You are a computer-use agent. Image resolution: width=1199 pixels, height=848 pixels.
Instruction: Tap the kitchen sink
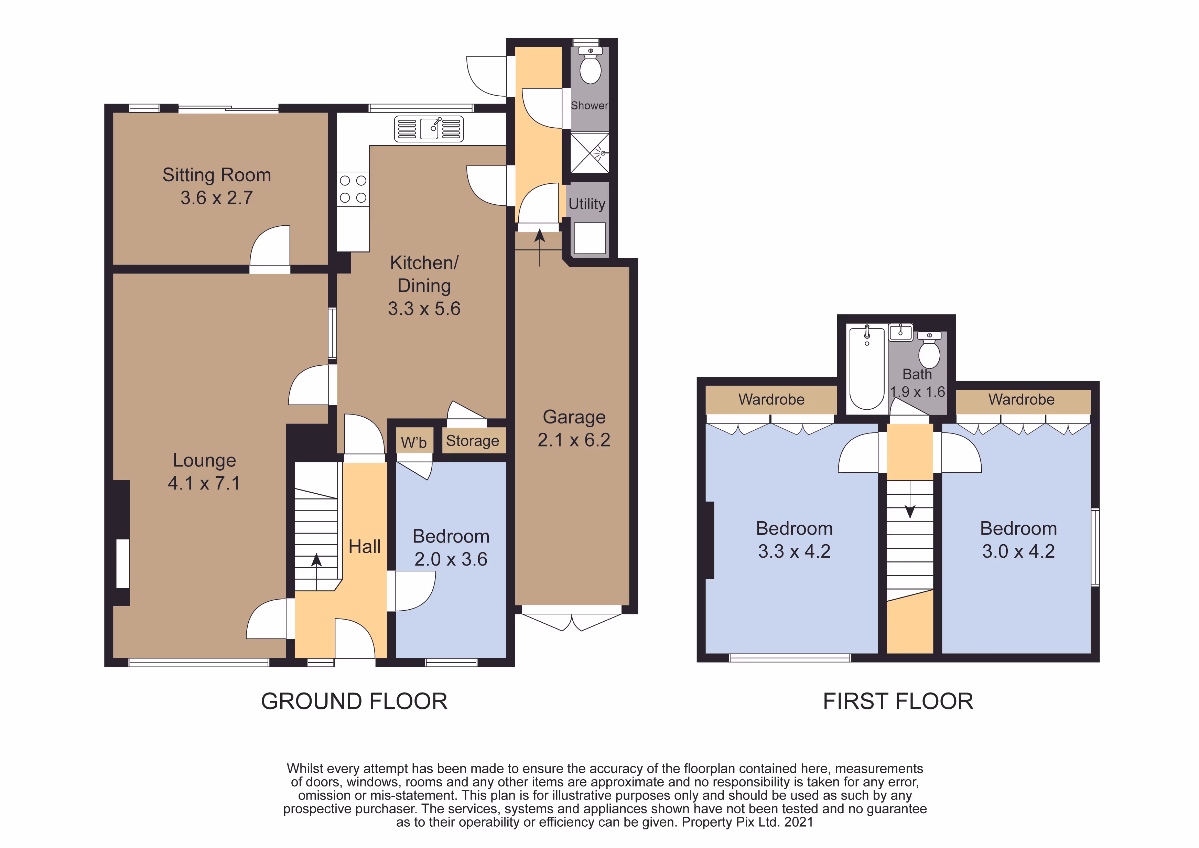(x=429, y=128)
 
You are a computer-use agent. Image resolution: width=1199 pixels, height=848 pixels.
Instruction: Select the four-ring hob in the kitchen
(x=353, y=189)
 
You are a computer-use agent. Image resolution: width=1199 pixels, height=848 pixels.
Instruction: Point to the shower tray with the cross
(x=590, y=153)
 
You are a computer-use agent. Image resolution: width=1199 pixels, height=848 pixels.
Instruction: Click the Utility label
(x=587, y=204)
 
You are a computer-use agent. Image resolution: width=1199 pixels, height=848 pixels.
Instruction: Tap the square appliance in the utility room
(x=590, y=238)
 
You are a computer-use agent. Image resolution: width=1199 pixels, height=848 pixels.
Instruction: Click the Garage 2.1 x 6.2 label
(x=574, y=428)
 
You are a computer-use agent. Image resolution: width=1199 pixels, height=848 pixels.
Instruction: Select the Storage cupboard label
(x=473, y=441)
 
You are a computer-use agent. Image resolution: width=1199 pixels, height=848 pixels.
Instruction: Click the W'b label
(x=413, y=442)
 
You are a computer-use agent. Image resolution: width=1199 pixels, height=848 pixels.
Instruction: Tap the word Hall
(x=365, y=547)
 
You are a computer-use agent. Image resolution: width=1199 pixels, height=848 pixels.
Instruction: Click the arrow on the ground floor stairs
(x=316, y=572)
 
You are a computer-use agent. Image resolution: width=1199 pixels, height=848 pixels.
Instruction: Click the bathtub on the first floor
(x=867, y=368)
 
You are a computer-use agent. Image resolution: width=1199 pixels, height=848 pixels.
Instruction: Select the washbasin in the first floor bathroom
(x=900, y=332)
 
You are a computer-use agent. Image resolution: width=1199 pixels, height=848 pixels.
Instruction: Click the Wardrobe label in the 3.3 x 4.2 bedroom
(x=771, y=399)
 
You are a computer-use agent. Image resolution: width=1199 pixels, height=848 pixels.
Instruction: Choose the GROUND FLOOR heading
(x=354, y=701)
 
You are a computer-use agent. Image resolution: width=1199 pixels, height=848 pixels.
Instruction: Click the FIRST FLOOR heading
(x=898, y=701)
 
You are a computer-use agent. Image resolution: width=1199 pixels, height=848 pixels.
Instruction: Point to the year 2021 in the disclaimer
(x=798, y=823)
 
